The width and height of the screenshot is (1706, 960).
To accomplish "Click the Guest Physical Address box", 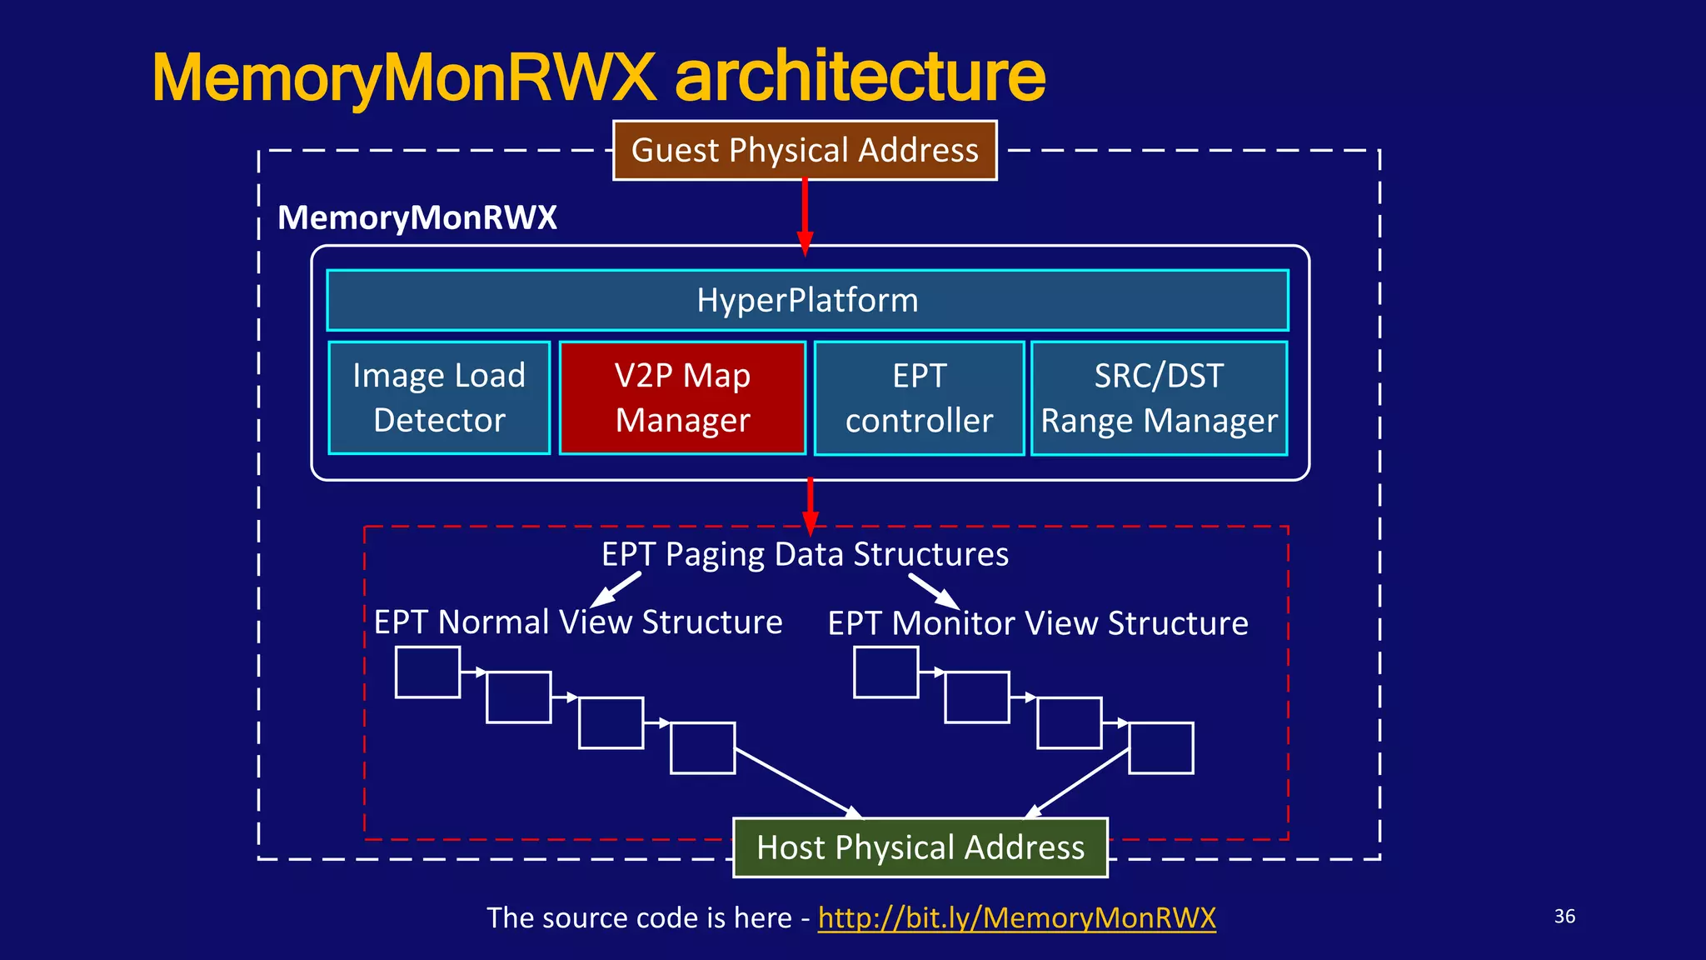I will coord(805,151).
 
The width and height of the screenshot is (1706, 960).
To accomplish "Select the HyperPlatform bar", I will coord(807,300).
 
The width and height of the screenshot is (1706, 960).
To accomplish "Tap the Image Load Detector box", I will coord(439,397).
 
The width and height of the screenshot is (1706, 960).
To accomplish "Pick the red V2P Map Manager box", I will coord(682,397).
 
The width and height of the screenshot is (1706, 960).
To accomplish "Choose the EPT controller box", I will coord(919,397).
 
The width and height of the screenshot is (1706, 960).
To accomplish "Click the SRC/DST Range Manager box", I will coord(1159,397).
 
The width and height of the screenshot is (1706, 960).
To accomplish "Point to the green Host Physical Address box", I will coord(920,847).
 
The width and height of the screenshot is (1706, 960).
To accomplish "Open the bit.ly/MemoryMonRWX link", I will coord(1016,917).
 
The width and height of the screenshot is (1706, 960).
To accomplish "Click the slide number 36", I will coord(1564,917).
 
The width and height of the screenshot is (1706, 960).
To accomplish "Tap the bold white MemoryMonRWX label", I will coord(417,217).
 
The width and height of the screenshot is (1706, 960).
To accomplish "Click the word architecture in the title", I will coord(860,77).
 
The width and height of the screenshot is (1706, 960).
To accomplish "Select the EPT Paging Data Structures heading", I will coord(805,554).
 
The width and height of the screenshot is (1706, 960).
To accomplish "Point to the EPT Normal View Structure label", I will coord(578,622).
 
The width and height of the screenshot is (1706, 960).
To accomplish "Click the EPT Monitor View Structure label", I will coord(1038,623).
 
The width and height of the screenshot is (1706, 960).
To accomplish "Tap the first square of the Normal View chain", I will coord(427,672).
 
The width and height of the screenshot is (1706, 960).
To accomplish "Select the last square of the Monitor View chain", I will coord(1161,748).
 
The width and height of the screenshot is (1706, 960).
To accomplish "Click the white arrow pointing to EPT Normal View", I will coord(616,589).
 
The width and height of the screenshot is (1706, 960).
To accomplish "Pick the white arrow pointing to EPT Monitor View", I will coord(934,591).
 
